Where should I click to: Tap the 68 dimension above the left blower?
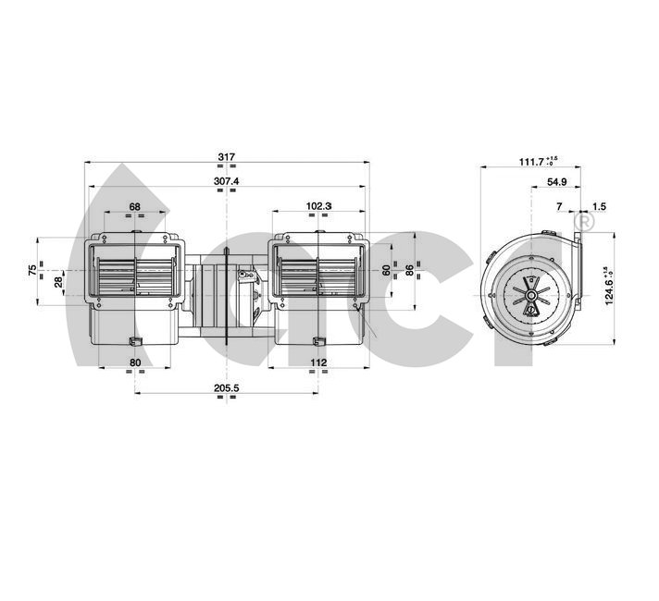pos(135,206)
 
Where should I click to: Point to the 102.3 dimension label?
pos(317,206)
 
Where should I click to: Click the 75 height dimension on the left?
pos(32,270)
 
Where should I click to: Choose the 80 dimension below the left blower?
pos(135,363)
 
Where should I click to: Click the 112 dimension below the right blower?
pos(318,363)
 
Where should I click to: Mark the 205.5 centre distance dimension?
pos(226,388)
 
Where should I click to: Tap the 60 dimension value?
pos(386,270)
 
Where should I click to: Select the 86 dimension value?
pos(411,270)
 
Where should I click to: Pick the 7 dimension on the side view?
pos(559,206)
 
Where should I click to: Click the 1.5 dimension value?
pos(598,206)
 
